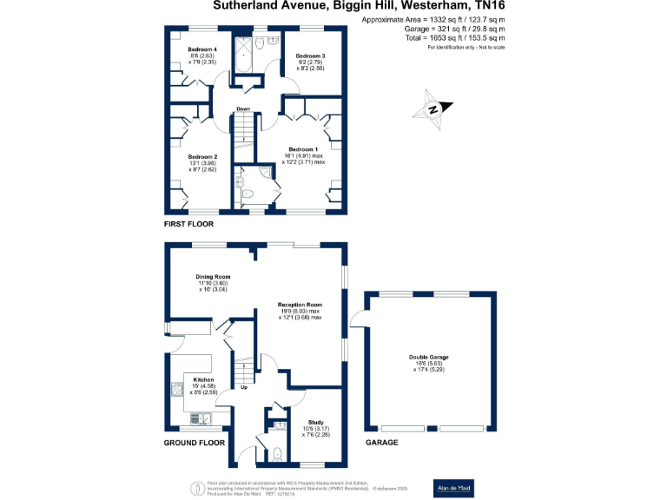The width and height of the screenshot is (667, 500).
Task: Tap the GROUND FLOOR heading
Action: pyautogui.click(x=195, y=443)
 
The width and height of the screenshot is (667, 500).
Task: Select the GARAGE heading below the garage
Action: pyautogui.click(x=381, y=443)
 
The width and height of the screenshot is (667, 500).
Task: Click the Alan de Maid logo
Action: pyautogui.click(x=453, y=488)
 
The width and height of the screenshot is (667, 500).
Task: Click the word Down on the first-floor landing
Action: pyautogui.click(x=244, y=109)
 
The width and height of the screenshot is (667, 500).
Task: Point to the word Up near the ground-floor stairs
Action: pyautogui.click(x=243, y=388)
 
